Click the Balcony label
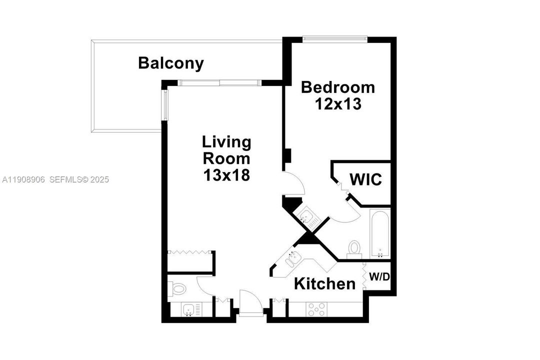pos(171,63)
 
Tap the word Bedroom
pos(337,87)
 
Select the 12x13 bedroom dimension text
pos(337,104)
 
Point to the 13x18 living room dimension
pos(226,175)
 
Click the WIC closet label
pos(365,179)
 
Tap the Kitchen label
pos(324,284)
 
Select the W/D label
pos(379,276)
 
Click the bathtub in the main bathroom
pos(380,233)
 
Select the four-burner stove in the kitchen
pos(316,309)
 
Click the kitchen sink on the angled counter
pos(291,260)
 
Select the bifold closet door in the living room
pos(190,252)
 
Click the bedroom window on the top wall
pos(335,38)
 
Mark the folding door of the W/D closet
pos(365,276)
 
